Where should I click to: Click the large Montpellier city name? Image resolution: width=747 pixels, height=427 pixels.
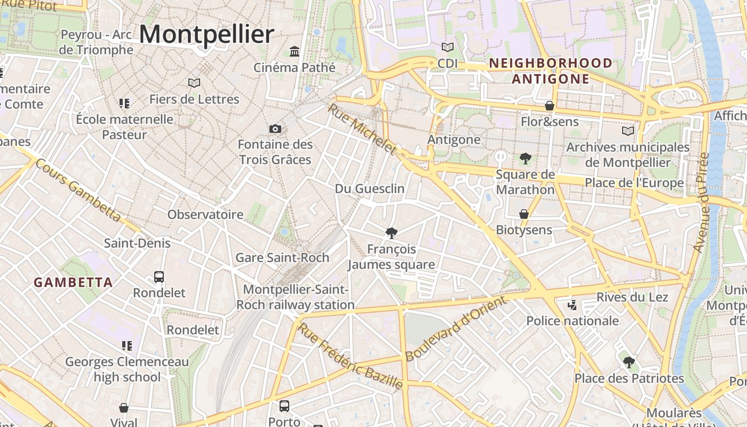[206, 35]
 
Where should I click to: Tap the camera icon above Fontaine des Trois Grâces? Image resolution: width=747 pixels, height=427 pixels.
[275, 129]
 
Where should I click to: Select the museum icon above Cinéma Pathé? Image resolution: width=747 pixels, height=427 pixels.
[294, 52]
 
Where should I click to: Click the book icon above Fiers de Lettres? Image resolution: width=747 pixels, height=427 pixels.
[194, 83]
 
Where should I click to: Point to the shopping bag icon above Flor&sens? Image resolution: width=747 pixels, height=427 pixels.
[550, 106]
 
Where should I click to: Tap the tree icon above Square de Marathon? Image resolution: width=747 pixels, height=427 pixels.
[526, 158]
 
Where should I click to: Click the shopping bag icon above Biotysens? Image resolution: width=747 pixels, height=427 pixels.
[524, 214]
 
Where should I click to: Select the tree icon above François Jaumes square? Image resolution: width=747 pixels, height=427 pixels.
[392, 233]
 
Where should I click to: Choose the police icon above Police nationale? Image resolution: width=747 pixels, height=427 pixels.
[573, 305]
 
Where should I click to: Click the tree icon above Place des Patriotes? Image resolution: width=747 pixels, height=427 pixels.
[629, 362]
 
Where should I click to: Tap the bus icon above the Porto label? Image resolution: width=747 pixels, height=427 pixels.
[284, 406]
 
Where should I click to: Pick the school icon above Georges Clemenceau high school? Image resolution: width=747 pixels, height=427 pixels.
[126, 346]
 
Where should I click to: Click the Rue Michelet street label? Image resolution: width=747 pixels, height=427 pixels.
[363, 129]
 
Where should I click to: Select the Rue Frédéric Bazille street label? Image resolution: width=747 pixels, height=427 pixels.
[350, 355]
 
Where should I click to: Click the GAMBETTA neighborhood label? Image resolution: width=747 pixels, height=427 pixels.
[74, 282]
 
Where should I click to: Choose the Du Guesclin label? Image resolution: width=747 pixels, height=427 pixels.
[370, 189]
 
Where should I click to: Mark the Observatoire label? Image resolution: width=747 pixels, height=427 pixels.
[205, 215]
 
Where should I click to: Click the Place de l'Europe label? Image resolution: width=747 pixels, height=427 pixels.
[634, 183]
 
